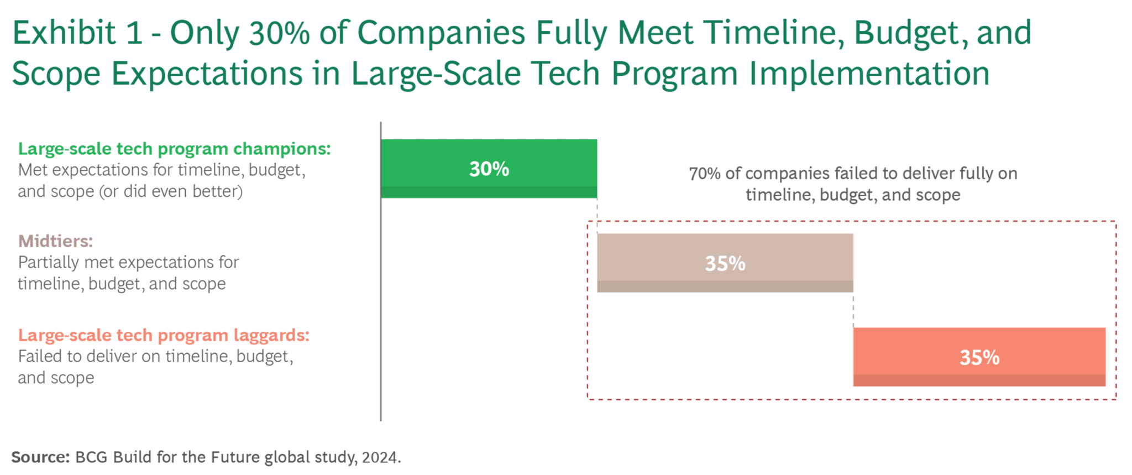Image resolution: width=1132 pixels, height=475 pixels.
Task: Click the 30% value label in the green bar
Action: (x=489, y=169)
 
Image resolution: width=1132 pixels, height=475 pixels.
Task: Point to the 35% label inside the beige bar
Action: (x=725, y=263)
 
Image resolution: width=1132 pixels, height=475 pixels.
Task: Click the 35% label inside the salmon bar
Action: (x=979, y=357)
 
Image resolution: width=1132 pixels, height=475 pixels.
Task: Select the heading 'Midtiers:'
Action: (x=55, y=241)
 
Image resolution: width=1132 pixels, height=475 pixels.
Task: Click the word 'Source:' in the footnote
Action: (x=40, y=457)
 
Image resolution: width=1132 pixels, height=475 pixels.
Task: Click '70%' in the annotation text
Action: (x=705, y=174)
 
